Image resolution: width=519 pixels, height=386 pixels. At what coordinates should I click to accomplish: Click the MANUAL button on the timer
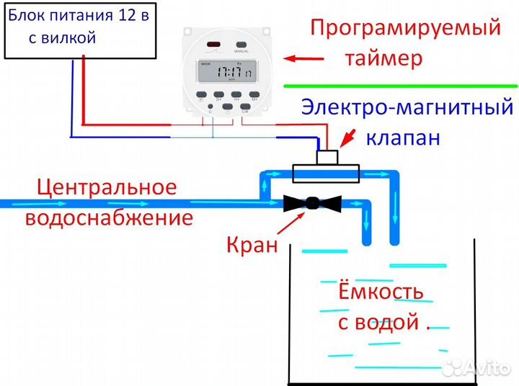click(x=241, y=47)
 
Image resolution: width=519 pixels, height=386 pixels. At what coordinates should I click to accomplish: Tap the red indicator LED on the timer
click(x=213, y=46)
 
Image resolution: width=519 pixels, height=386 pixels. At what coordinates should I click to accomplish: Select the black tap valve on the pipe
click(x=311, y=203)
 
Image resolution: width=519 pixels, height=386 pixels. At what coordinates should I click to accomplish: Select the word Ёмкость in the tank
click(x=381, y=292)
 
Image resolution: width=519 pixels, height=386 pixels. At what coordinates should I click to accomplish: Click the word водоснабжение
click(x=109, y=217)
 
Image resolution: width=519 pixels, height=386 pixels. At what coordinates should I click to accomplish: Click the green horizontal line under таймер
click(x=400, y=86)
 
